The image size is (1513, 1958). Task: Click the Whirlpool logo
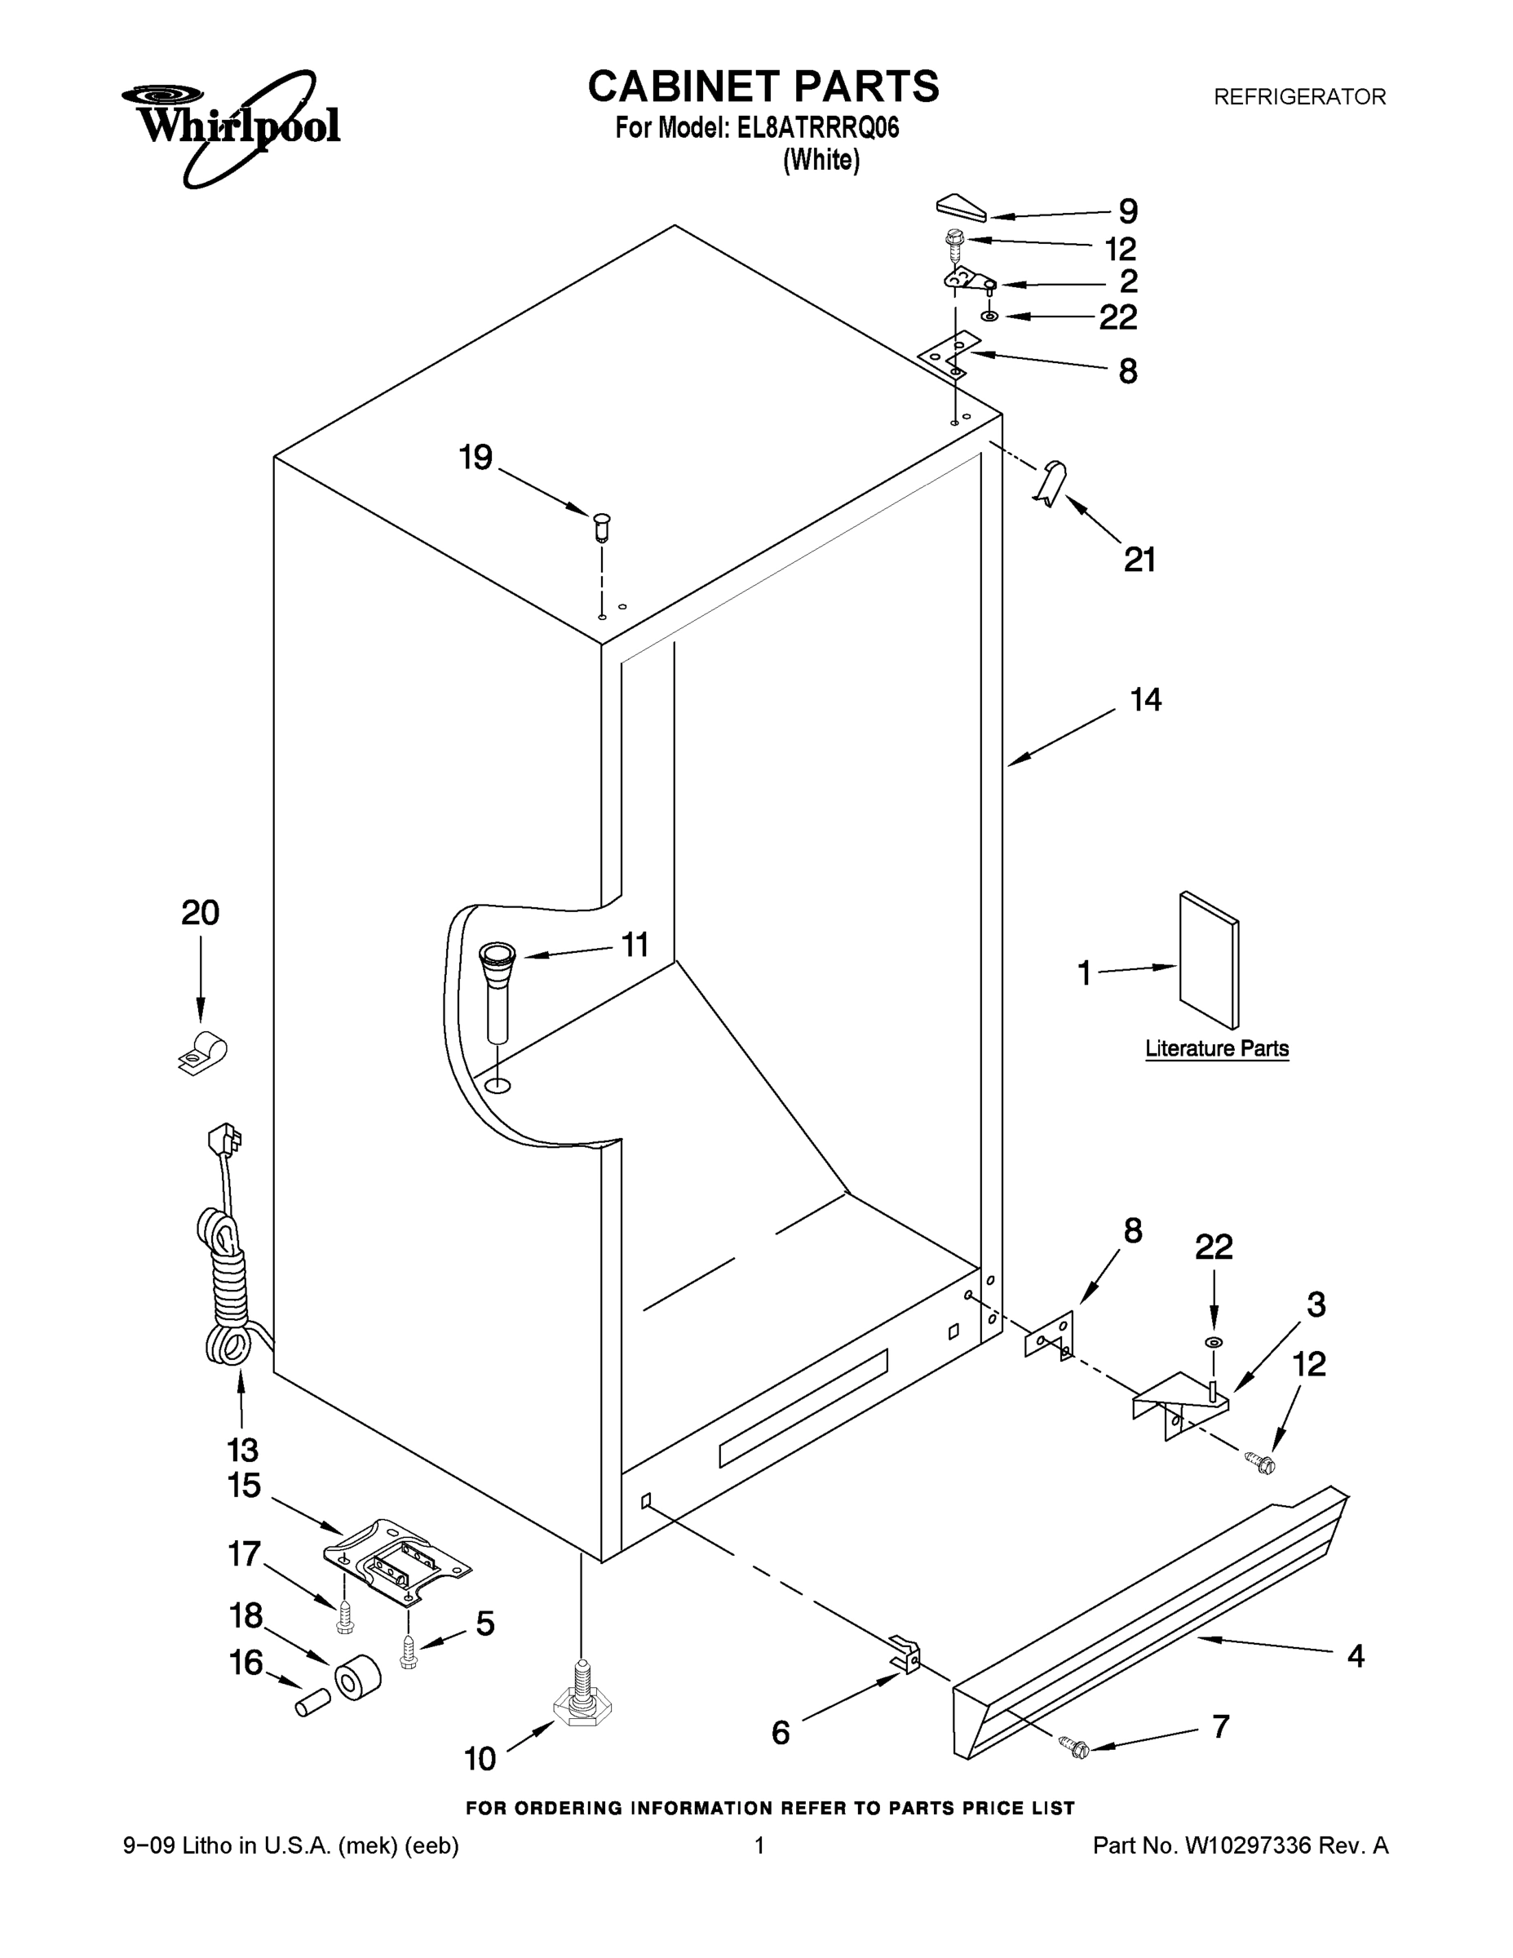click(232, 126)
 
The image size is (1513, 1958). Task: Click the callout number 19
click(476, 458)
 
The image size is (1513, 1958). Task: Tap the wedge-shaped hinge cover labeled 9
click(961, 208)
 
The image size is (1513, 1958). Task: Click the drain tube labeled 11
click(498, 989)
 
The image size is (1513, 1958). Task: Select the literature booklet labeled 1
click(1209, 959)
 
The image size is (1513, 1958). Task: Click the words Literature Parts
click(1216, 1048)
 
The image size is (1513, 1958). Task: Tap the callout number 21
click(1139, 560)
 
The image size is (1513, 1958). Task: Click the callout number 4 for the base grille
click(1356, 1656)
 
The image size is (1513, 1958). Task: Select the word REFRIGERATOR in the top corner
click(1298, 97)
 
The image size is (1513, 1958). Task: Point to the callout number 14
click(1145, 700)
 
